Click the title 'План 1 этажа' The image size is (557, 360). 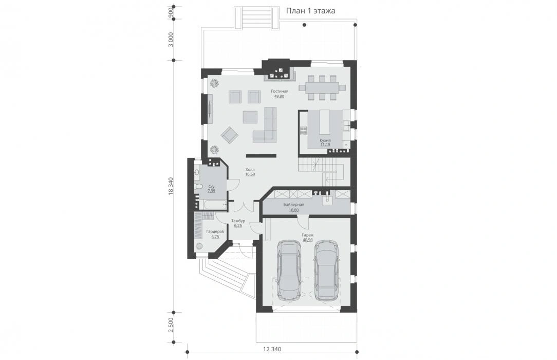click(310, 11)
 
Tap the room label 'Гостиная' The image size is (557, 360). click(279, 92)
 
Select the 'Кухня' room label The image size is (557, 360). click(325, 140)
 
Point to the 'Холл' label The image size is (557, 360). click(250, 170)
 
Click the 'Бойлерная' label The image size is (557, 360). click(294, 205)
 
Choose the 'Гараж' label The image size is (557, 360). click(308, 235)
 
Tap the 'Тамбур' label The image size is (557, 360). click(238, 221)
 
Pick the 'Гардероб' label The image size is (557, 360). click(215, 232)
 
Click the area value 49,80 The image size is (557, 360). click(279, 96)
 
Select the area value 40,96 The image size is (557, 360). click(308, 240)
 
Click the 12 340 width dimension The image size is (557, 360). click(272, 349)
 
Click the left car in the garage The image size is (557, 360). click(289, 269)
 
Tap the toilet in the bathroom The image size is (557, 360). click(198, 187)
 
